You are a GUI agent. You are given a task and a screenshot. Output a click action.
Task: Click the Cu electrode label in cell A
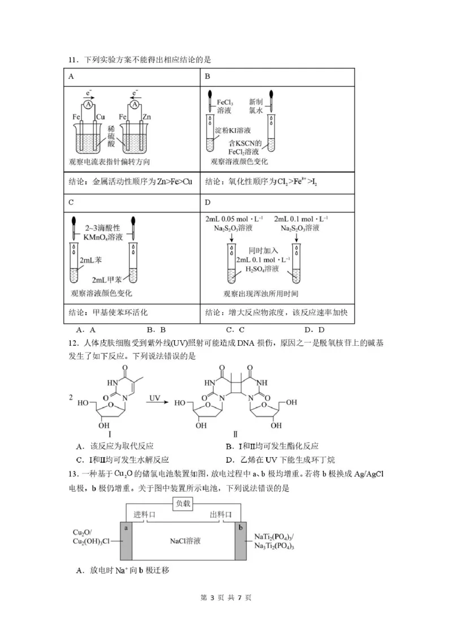pos(102,117)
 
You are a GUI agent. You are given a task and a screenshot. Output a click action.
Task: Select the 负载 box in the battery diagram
pos(184,503)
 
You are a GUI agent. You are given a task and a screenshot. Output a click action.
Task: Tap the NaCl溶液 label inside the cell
pos(185,541)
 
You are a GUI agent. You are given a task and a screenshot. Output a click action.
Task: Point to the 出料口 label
pos(221,515)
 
